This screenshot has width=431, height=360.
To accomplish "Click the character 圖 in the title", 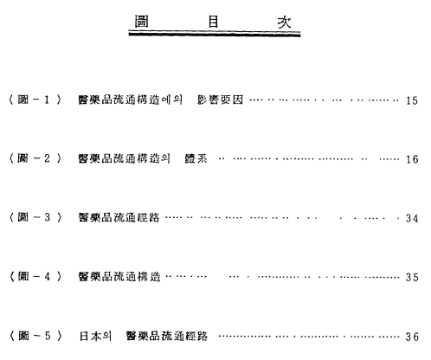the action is coord(142,22).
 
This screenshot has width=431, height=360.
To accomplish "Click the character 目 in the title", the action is coord(213,22).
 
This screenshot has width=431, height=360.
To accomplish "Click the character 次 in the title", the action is coord(284,22).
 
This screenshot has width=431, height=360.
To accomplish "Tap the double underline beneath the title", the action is coord(215,34).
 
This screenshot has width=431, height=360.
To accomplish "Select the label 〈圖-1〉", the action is coord(35,100).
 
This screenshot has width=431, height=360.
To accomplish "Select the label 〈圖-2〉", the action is coord(35,158).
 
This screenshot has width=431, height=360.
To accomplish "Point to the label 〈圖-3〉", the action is coord(35,217).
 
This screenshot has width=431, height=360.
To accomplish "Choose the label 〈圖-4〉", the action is coord(35,276).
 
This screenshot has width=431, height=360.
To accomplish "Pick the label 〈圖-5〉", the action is coord(35,336).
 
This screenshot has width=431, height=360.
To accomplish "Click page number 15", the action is coord(412,100).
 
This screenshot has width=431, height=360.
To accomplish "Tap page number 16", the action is coord(412,159).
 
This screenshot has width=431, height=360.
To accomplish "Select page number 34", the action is coord(412,218).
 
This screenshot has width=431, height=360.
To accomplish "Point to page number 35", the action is coord(412,277).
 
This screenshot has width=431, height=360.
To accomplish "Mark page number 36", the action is coord(412,337).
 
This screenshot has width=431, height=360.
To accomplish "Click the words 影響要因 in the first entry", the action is coord(220,100).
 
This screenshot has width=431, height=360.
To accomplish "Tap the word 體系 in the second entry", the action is coord(196,158).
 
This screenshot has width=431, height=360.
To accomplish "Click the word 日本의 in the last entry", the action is coord(95,336).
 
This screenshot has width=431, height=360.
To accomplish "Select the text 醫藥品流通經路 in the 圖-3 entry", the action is coord(119,217).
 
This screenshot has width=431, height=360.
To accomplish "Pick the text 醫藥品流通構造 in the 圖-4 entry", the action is coord(119,276).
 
